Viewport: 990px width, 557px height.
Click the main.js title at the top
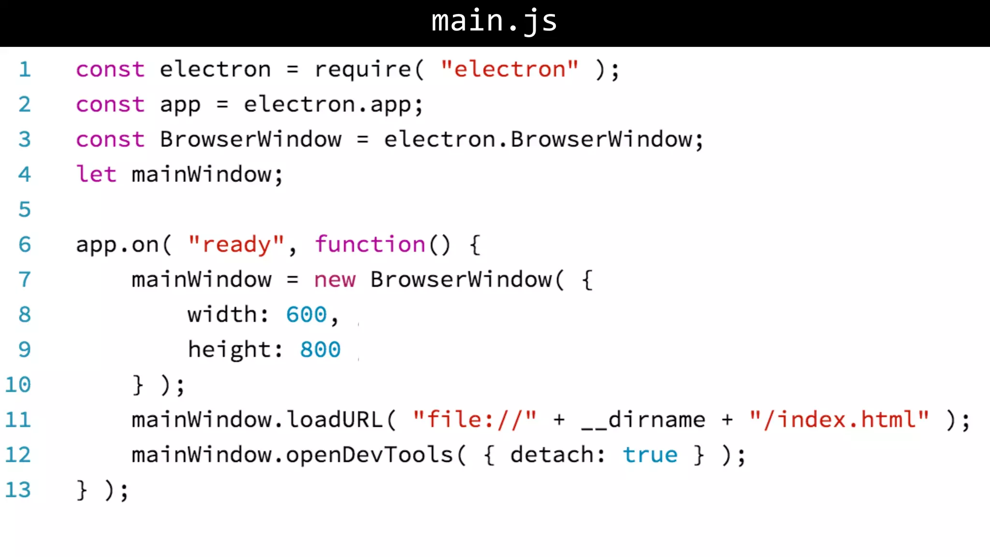point(494,21)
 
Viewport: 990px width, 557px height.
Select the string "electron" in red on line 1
point(510,70)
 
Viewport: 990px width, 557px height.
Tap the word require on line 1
point(363,70)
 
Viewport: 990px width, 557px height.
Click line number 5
point(25,209)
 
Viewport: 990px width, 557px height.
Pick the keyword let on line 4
point(96,174)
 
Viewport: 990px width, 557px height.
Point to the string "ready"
point(236,245)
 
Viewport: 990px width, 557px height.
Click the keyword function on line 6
point(370,245)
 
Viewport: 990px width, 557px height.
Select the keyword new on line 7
point(335,280)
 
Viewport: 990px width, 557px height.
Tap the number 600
point(306,315)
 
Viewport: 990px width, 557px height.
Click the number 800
point(320,350)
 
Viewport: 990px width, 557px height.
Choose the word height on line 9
point(230,350)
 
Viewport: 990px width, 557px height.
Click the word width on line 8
point(222,315)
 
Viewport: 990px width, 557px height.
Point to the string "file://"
point(475,420)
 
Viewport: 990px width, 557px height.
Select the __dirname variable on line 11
point(643,420)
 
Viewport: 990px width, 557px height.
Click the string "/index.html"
point(839,420)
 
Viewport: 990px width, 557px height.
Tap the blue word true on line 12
point(650,455)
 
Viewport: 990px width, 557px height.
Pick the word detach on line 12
point(552,455)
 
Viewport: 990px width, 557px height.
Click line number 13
point(18,490)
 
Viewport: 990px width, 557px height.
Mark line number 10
point(18,385)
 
